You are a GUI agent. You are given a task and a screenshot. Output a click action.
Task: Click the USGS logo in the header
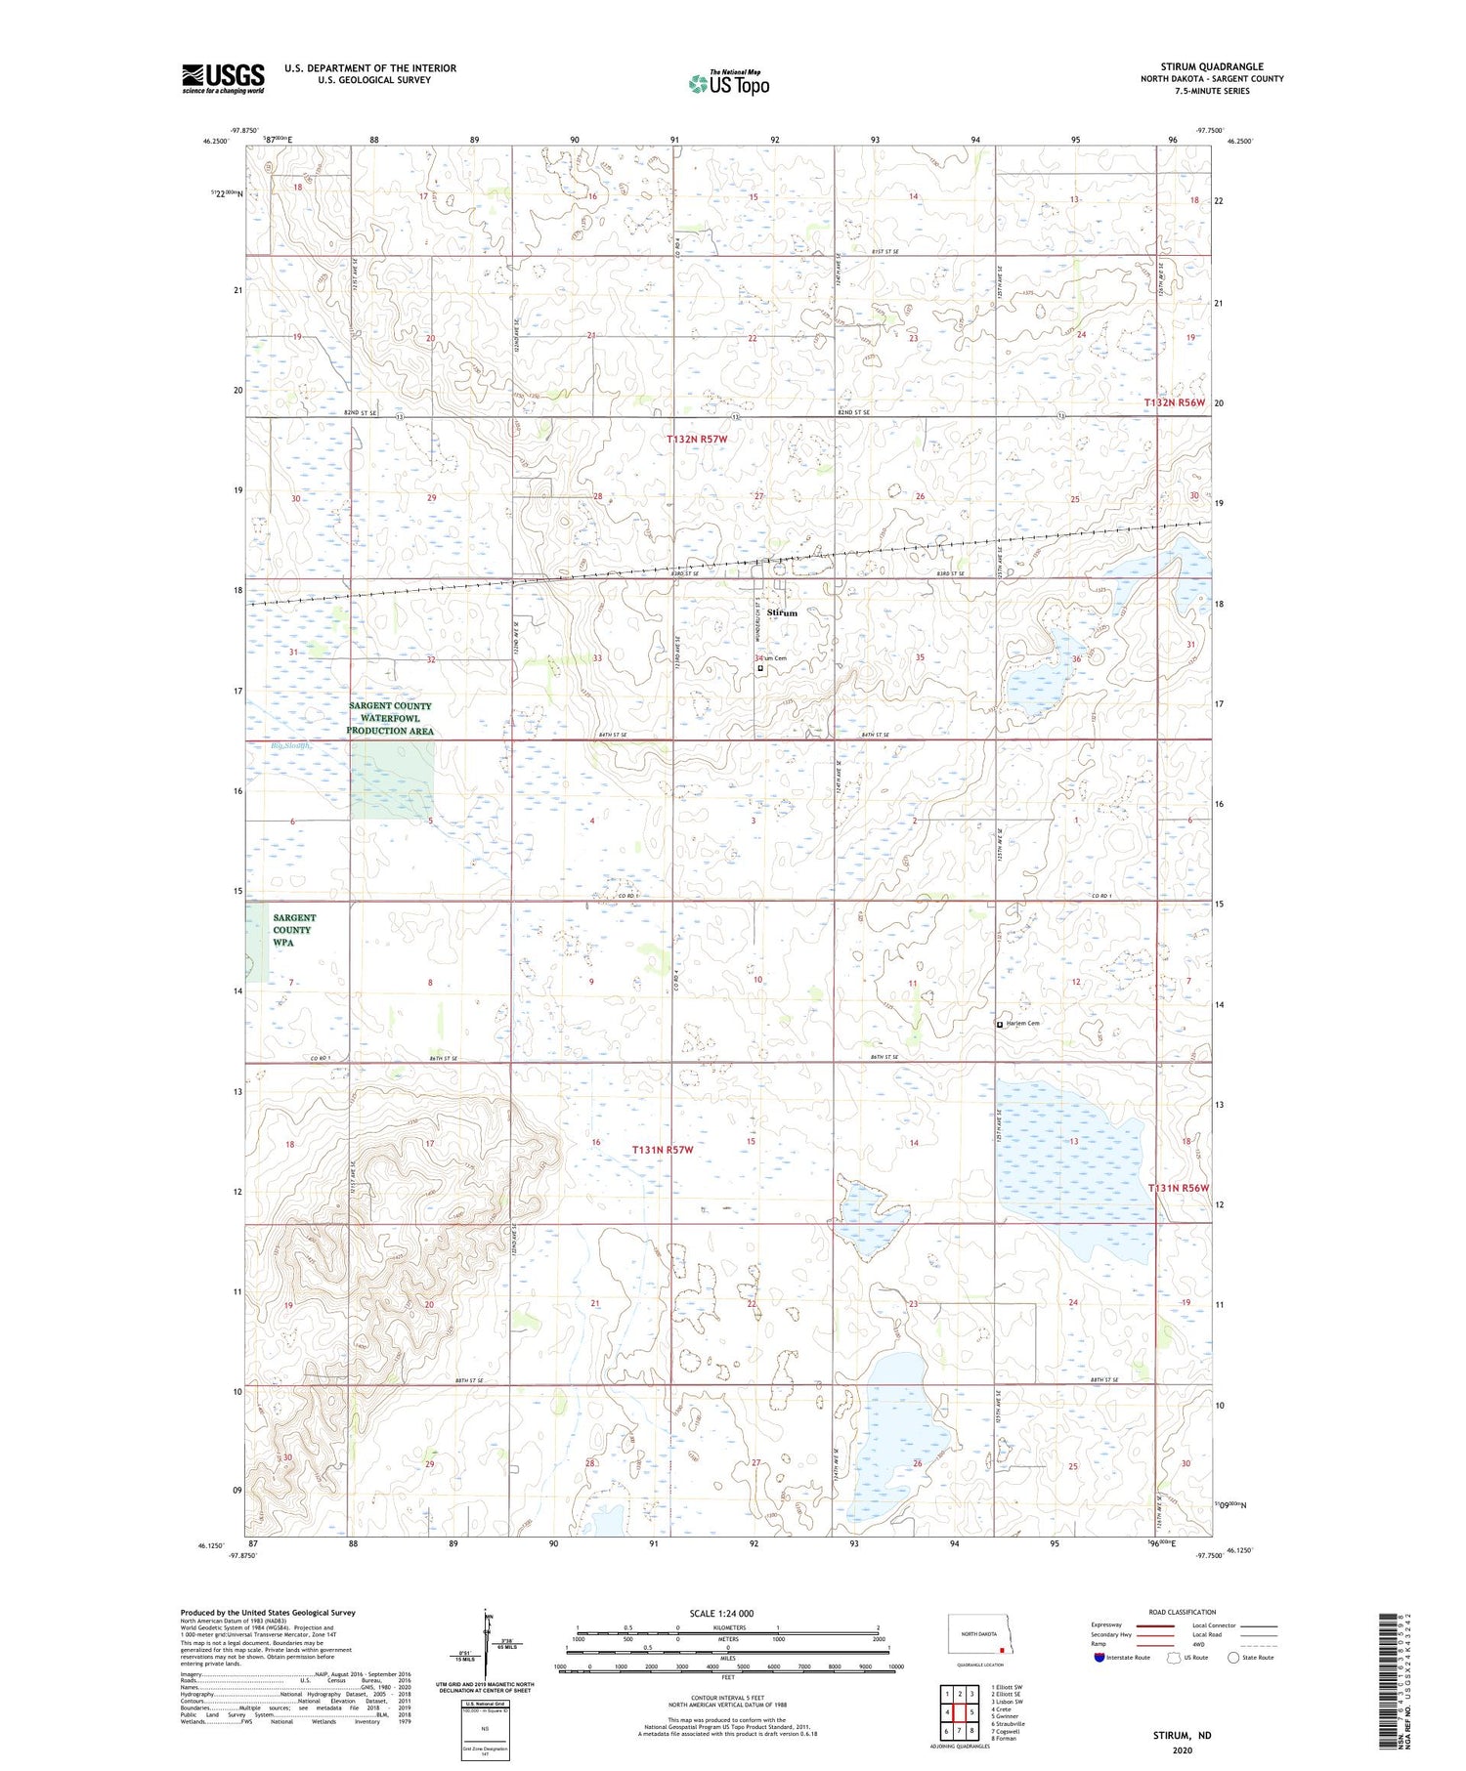[223, 78]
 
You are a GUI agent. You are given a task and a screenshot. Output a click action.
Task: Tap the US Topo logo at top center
[728, 83]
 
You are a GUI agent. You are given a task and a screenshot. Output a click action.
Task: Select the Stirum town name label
[782, 612]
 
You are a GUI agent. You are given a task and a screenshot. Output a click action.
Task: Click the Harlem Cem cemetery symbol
[999, 1025]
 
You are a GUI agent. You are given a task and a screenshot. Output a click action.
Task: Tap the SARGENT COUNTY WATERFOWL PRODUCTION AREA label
[390, 718]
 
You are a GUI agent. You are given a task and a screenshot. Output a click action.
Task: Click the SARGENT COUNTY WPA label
[294, 930]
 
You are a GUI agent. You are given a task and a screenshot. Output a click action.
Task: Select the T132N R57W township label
[697, 440]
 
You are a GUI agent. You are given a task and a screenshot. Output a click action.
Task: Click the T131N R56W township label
[1178, 1188]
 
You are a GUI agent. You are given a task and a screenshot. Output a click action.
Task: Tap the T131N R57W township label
[662, 1150]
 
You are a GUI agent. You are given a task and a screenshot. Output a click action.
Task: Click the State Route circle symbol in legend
[1233, 1658]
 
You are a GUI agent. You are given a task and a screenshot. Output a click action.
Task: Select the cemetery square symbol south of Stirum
[760, 668]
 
